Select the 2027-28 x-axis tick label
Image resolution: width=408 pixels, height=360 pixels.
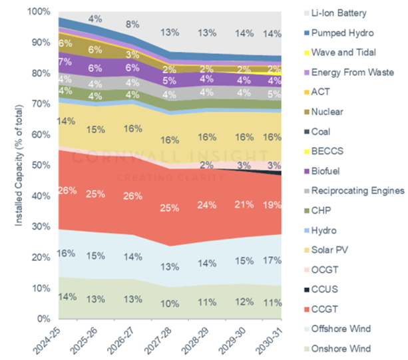(x=169, y=339)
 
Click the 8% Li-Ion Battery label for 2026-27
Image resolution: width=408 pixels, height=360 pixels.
(x=132, y=24)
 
